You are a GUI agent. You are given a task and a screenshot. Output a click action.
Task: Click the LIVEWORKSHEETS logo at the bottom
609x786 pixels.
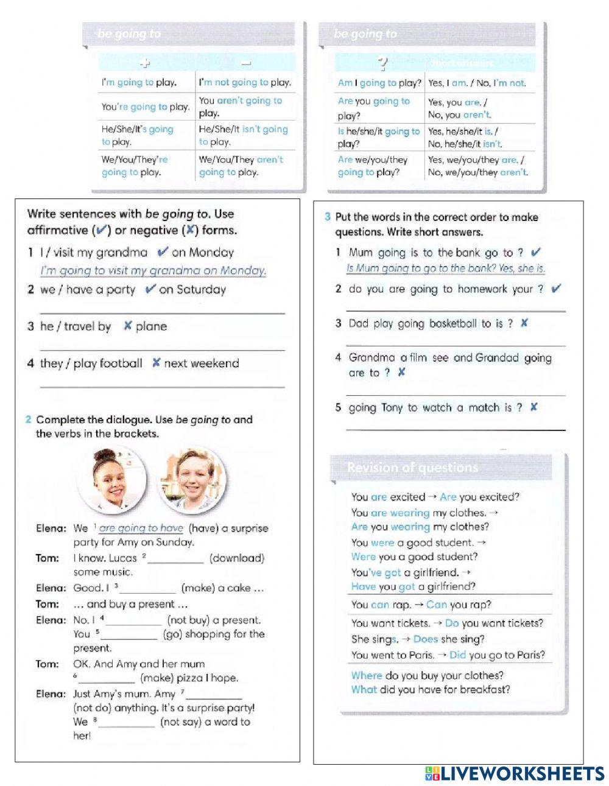tap(515, 773)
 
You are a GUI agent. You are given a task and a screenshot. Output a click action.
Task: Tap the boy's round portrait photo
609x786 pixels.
tap(192, 479)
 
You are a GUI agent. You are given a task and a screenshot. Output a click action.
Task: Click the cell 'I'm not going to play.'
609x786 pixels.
tap(245, 82)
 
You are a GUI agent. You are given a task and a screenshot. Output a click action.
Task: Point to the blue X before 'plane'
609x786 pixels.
tap(127, 326)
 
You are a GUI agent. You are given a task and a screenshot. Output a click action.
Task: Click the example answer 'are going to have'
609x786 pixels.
tap(141, 528)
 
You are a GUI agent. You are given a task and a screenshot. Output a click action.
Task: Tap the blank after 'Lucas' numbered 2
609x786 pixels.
tap(175, 559)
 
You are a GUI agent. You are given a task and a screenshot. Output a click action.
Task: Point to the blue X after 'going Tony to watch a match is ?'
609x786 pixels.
tap(533, 407)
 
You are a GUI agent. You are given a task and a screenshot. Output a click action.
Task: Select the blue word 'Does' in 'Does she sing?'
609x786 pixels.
tap(425, 639)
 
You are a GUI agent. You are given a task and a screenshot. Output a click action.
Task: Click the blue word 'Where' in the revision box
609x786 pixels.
tap(367, 675)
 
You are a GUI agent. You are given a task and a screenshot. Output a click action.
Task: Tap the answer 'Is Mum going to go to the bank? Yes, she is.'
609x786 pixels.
tap(445, 268)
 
